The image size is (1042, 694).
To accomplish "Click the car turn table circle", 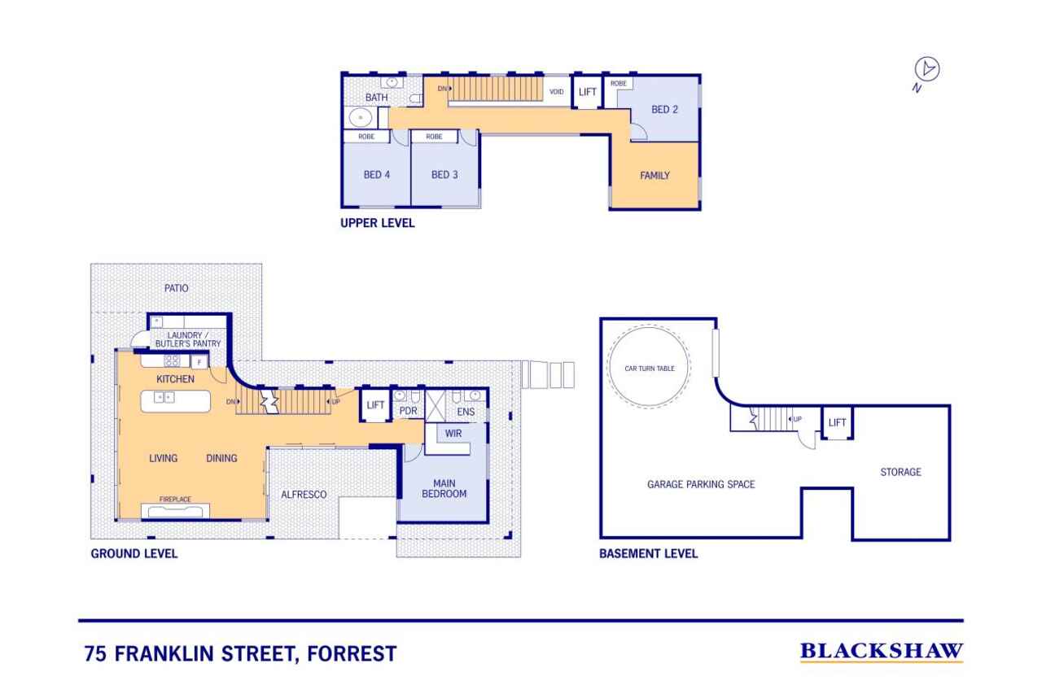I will point(649,369).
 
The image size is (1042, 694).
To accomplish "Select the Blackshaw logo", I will point(881,651).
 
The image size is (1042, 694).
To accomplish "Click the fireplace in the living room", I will point(175,510).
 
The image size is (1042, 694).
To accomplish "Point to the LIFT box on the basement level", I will point(837,422).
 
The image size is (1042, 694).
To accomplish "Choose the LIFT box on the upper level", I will point(588,92).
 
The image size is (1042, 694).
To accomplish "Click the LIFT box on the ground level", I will point(375,405).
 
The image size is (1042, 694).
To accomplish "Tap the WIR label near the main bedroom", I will point(453,434).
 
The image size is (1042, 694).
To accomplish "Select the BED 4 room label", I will point(377,174).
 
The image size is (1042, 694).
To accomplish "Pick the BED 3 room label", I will point(444,174).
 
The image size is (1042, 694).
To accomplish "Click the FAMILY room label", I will point(655,175).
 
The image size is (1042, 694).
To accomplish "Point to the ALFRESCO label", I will point(304,494).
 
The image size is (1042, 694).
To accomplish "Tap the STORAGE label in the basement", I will point(900,472).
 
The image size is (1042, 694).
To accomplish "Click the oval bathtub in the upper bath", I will point(359,118).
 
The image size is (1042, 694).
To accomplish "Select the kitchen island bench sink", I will point(164,397).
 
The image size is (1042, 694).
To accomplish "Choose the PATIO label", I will point(175,288).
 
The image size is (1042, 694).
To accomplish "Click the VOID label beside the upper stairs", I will point(556,92).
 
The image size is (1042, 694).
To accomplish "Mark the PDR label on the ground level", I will point(408,411).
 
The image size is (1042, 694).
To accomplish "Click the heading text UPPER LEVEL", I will point(377,223).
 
